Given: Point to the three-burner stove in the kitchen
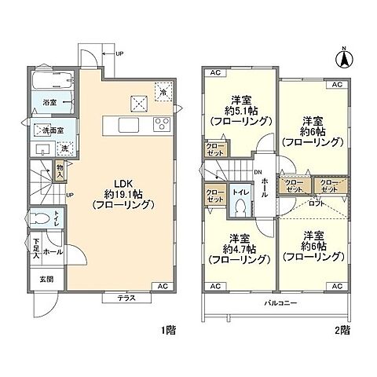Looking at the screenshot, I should coord(162,123).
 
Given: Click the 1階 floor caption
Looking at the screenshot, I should coord(167,331).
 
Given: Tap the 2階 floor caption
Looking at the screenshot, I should coord(343,331).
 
